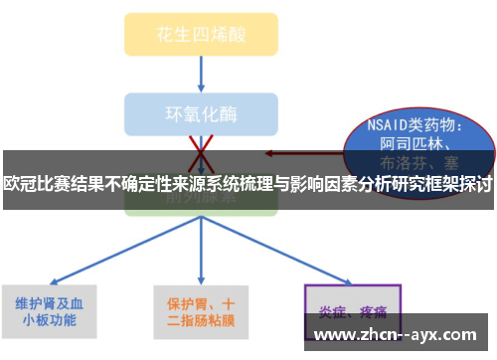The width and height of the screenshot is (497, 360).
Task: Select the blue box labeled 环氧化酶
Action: tap(201, 112)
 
